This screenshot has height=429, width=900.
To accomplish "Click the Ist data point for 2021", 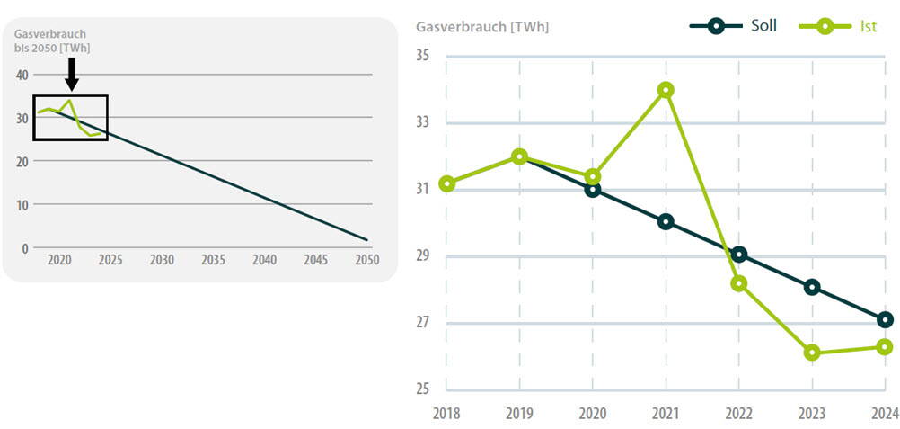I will (x=666, y=90).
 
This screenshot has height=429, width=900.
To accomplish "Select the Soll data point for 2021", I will (x=666, y=222).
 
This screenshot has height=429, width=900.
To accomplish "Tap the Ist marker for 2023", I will (x=812, y=353).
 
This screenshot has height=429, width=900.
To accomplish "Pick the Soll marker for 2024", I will (x=885, y=320).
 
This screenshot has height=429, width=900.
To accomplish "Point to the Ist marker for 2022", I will (x=738, y=283).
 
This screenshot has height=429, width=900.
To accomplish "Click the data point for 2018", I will (x=446, y=183).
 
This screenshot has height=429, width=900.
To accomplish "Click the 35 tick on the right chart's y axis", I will (x=423, y=56).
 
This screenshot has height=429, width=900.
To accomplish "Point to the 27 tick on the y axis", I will (x=423, y=323).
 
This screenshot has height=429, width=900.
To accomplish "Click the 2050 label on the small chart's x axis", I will (x=366, y=260).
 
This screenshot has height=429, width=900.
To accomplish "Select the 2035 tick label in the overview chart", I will (x=213, y=260).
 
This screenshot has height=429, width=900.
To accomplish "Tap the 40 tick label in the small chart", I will (x=22, y=75).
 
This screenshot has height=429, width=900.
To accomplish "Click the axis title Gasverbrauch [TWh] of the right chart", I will (x=482, y=27).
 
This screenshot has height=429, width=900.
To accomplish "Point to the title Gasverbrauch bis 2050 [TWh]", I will (x=52, y=40).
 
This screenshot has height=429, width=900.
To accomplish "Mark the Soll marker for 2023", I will (x=812, y=287).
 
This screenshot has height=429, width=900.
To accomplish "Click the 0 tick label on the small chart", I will (x=25, y=248).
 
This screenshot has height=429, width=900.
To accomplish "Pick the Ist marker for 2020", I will (x=593, y=176).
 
